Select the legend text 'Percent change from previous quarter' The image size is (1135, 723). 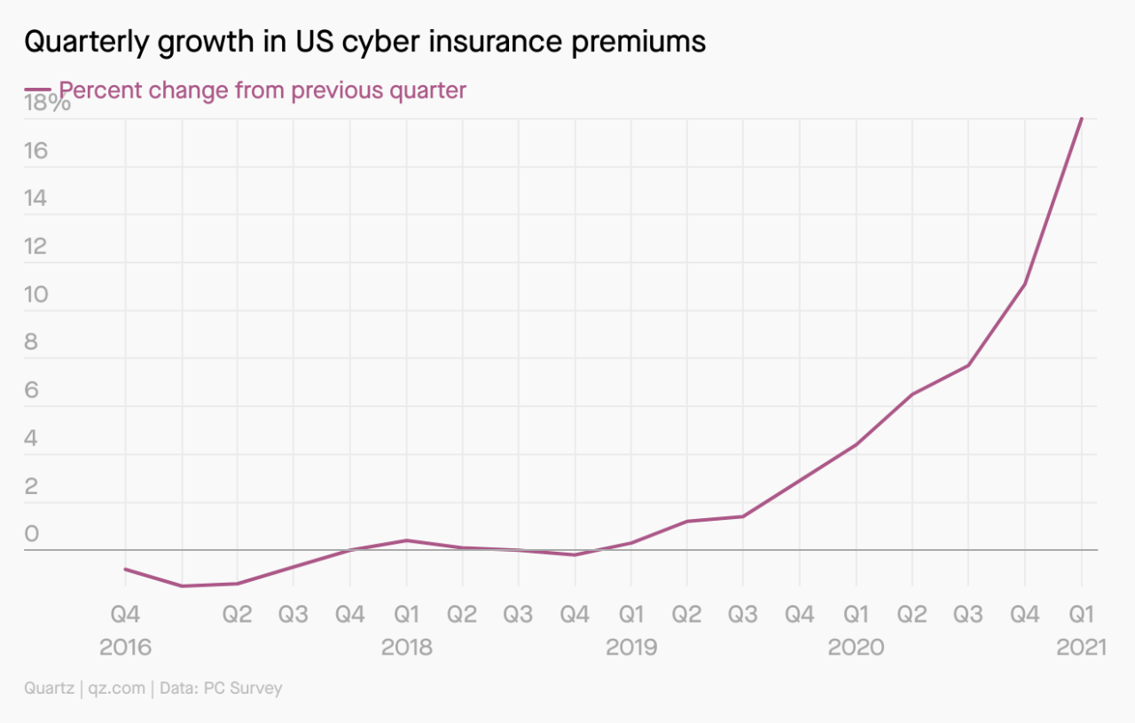click(262, 90)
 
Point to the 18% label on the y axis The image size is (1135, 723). click(47, 104)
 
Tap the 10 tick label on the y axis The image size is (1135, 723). click(36, 295)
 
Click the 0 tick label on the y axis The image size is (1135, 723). click(32, 534)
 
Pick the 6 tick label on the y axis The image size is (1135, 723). click(32, 390)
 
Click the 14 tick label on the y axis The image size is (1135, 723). click(36, 199)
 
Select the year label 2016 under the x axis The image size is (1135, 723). click(125, 648)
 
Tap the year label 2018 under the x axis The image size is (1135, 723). click(406, 648)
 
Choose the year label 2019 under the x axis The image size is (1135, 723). click(630, 648)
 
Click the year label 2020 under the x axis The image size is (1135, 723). click(856, 648)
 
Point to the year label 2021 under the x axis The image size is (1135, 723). click(1081, 648)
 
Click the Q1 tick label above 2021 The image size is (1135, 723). click(1081, 615)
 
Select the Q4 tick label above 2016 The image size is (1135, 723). click(125, 615)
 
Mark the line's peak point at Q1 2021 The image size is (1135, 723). click(1081, 119)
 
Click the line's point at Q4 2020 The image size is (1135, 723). click(1025, 284)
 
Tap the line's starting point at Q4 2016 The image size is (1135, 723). click(125, 569)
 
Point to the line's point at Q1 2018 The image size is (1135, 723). click(406, 540)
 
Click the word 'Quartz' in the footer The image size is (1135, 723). click(50, 688)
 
